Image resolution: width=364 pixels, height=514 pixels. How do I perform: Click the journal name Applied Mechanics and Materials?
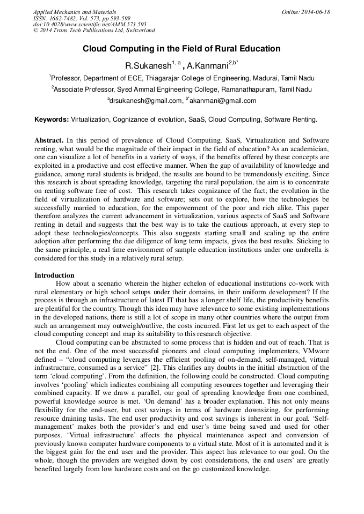point(75,12)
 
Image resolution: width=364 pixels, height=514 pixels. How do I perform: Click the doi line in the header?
point(90,25)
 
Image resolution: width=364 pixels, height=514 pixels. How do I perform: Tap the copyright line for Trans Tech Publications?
point(94,31)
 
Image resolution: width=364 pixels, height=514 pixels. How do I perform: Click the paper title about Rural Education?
point(181,49)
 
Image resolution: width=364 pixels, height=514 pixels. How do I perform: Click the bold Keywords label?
point(52,119)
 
